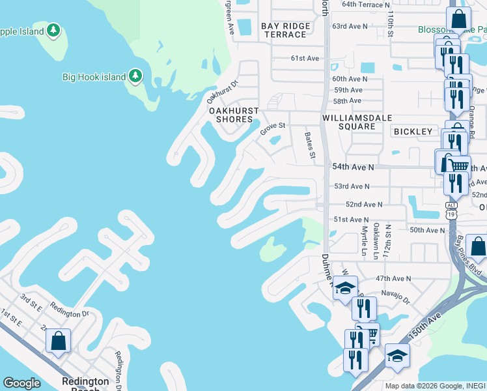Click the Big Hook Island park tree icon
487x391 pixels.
135,76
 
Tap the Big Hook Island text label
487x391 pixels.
94,77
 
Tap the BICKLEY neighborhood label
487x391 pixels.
413,132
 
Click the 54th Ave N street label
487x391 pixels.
354,167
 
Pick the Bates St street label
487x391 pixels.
310,147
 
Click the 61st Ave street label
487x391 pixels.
305,58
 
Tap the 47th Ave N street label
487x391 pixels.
393,278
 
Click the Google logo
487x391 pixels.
22,383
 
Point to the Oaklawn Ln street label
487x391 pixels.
376,240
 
